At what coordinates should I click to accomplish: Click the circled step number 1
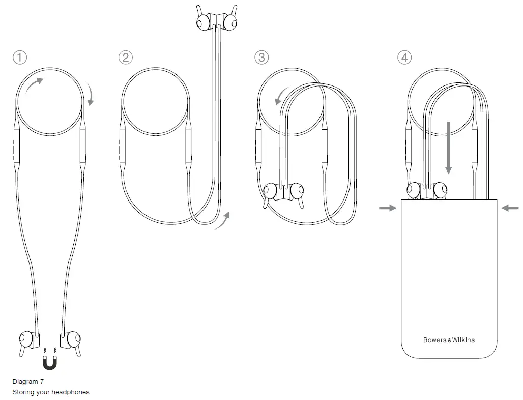click(20, 58)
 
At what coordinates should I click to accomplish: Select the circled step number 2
click(125, 58)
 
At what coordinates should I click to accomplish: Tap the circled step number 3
click(261, 58)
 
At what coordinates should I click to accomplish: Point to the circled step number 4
click(404, 58)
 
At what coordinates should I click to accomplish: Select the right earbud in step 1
click(71, 339)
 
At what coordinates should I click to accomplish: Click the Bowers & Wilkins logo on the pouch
click(449, 340)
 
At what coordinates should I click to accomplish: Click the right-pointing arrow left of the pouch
click(388, 208)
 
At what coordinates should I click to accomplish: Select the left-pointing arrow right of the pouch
click(510, 208)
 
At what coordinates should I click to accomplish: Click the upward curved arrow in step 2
click(223, 221)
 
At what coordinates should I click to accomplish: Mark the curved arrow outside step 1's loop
click(91, 96)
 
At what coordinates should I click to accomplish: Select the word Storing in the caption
click(23, 392)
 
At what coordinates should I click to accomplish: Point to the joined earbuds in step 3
click(283, 191)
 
